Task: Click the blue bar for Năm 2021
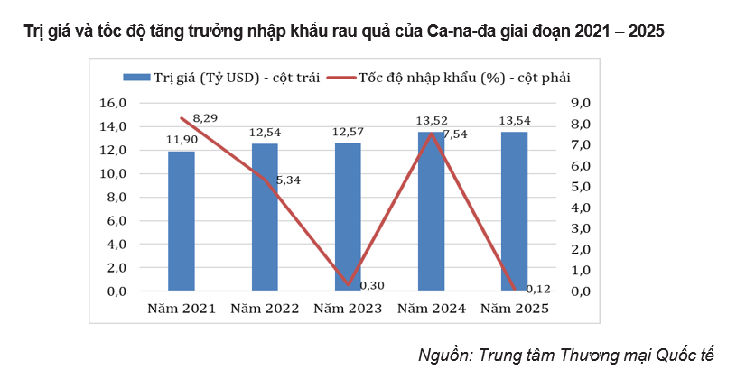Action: click(181, 221)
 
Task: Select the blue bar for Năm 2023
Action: click(348, 217)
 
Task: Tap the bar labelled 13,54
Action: click(515, 212)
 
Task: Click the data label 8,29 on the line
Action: click(206, 118)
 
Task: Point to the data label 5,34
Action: click(288, 180)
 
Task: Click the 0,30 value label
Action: click(372, 285)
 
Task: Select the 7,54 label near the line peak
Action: click(455, 134)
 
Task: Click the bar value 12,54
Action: click(265, 134)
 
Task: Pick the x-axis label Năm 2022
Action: click(265, 309)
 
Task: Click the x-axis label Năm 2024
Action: click(432, 309)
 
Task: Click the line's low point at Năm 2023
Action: click(349, 285)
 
